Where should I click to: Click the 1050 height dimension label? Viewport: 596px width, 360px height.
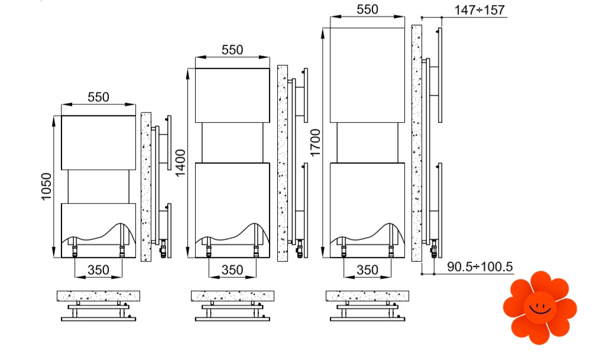46,186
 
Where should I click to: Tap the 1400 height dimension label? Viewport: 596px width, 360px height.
180,163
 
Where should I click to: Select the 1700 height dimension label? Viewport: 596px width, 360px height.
315,142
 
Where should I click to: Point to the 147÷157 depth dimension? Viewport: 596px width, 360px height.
480,10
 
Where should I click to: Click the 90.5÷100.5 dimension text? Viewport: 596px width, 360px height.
480,267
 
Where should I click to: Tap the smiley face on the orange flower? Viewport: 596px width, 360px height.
540,307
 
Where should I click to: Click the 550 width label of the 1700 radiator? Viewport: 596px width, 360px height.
367,9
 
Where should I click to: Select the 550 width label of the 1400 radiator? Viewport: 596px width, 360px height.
232,50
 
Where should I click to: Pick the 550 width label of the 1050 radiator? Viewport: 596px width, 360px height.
98,97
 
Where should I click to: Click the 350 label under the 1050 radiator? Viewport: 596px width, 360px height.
98,270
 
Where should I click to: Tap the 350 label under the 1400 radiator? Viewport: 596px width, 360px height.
232,270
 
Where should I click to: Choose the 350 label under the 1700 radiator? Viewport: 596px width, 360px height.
367,270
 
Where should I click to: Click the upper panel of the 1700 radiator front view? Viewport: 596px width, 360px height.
367,75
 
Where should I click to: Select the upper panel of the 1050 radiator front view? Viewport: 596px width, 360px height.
98,142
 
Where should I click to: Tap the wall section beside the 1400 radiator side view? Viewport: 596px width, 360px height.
283,164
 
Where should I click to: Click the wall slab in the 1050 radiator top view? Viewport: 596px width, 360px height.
98,296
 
